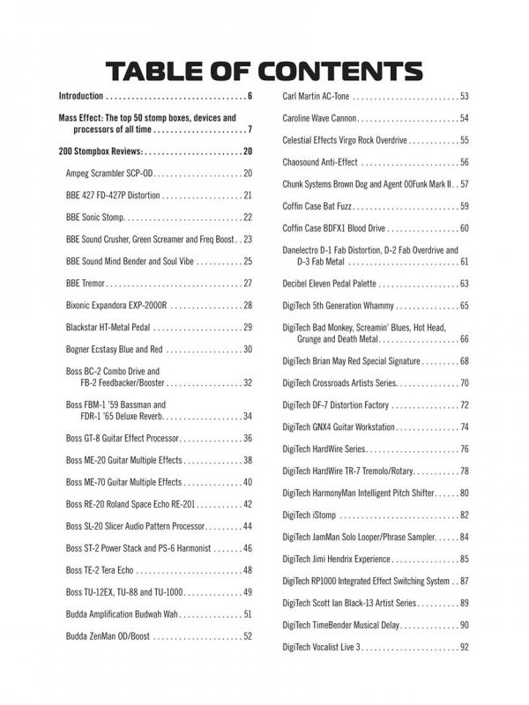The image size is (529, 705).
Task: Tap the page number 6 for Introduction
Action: (x=250, y=96)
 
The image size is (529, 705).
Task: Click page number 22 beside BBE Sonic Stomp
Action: (x=248, y=217)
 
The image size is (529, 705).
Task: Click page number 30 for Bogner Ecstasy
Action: (x=248, y=350)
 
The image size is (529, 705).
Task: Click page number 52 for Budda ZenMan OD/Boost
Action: (x=248, y=636)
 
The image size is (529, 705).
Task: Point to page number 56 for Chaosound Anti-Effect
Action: (x=464, y=162)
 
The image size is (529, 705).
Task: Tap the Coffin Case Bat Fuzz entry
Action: (x=319, y=206)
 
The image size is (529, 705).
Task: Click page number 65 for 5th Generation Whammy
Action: (x=464, y=306)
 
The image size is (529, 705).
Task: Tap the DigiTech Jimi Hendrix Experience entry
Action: (x=340, y=559)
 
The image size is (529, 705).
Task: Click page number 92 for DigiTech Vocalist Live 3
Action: (x=464, y=647)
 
